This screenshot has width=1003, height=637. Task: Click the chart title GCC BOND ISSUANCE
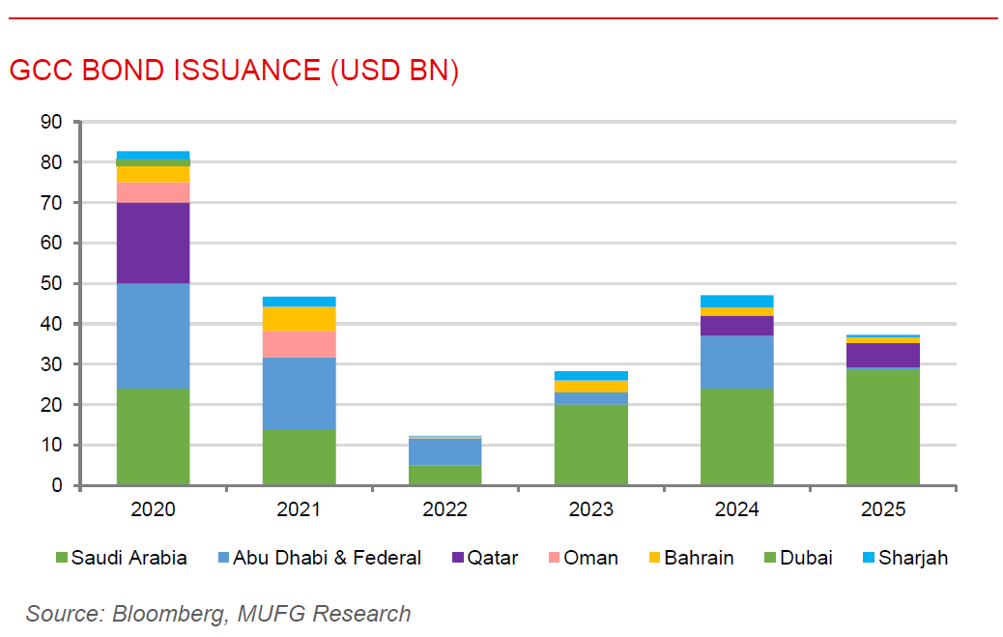point(233,71)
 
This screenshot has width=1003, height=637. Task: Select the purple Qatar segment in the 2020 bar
point(153,243)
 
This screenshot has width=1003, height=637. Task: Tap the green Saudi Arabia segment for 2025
point(883,426)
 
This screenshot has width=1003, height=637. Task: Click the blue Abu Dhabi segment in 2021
point(299,393)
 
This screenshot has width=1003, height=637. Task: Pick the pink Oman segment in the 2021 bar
point(299,344)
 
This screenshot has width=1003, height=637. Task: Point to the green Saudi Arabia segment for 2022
point(444,475)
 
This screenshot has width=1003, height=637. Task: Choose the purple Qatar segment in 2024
point(736,326)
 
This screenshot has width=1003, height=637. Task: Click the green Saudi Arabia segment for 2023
point(590,445)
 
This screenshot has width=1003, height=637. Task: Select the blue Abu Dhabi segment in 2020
point(153,335)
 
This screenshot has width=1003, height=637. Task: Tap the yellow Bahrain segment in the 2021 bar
point(299,319)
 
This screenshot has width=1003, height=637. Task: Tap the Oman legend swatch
point(554,558)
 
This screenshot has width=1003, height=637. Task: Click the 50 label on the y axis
point(50,283)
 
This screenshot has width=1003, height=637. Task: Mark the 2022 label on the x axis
point(444,509)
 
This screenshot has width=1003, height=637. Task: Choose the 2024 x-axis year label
point(736,509)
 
